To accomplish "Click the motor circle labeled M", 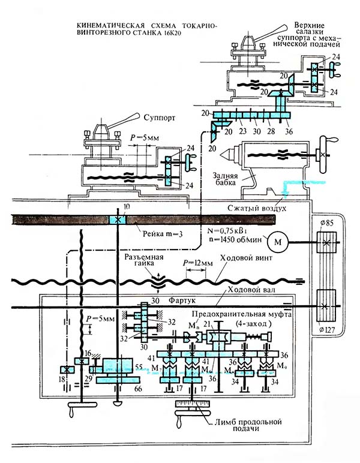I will tap(278, 242).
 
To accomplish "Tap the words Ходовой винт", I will tap(241, 257).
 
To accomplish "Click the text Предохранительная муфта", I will tap(240, 313).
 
